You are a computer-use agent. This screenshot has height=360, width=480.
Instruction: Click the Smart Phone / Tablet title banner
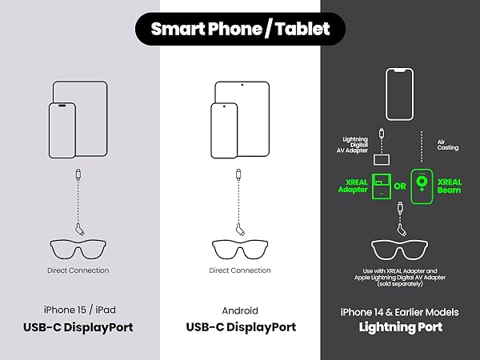240,29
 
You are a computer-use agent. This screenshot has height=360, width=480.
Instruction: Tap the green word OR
400,186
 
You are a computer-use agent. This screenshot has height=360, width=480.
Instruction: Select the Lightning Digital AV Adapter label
352,145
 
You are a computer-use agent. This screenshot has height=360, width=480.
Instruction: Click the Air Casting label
447,145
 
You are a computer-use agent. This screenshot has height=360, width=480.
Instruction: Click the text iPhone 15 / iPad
79,310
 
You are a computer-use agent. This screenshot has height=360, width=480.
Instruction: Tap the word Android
240,310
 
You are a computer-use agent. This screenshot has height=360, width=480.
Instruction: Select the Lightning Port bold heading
401,327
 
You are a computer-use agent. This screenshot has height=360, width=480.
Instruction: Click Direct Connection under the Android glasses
240,270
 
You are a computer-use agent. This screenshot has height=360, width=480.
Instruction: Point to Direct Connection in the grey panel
78,270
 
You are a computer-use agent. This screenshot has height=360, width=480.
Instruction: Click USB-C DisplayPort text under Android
241,327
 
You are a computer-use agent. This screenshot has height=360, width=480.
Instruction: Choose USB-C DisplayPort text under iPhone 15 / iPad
78,327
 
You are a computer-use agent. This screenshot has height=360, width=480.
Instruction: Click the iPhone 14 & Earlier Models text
399,312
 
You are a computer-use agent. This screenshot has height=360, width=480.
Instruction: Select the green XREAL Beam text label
449,186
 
